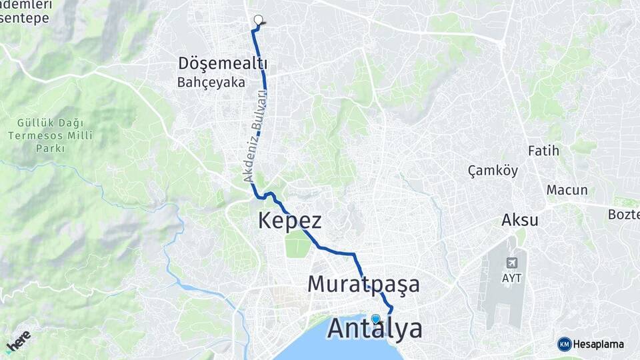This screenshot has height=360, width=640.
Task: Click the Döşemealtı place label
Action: (223, 64)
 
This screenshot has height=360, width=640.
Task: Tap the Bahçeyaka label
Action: (211, 83)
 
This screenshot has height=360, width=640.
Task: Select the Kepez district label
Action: (289, 221)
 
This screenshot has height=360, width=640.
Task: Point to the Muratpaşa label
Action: (363, 284)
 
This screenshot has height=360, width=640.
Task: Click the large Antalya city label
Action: (375, 329)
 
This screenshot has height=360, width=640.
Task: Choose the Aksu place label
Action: (520, 220)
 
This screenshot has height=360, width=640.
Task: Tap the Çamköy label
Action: (493, 171)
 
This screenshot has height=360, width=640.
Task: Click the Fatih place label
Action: (543, 150)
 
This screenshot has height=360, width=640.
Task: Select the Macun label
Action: (567, 190)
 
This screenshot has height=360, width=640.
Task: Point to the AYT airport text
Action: (512, 277)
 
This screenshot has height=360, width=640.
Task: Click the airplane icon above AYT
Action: (512, 263)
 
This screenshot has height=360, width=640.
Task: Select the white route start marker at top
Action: (258, 20)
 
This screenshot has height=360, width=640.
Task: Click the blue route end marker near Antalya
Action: (375, 319)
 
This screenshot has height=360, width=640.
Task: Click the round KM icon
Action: (564, 344)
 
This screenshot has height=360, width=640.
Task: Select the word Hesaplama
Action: (598, 344)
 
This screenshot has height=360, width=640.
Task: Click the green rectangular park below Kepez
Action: (297, 244)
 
